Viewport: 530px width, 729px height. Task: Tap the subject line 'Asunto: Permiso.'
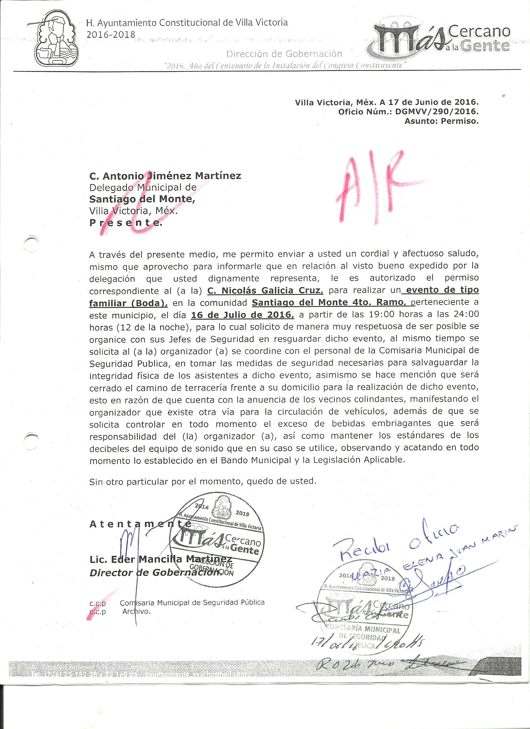coord(441,122)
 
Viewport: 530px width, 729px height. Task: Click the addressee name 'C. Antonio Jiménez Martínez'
coord(165,176)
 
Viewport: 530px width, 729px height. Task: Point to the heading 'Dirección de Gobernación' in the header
coord(284,54)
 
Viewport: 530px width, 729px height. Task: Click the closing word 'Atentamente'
coord(140,524)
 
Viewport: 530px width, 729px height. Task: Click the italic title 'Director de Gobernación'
coord(153,573)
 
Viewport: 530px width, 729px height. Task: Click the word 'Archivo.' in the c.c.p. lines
coord(137,611)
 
